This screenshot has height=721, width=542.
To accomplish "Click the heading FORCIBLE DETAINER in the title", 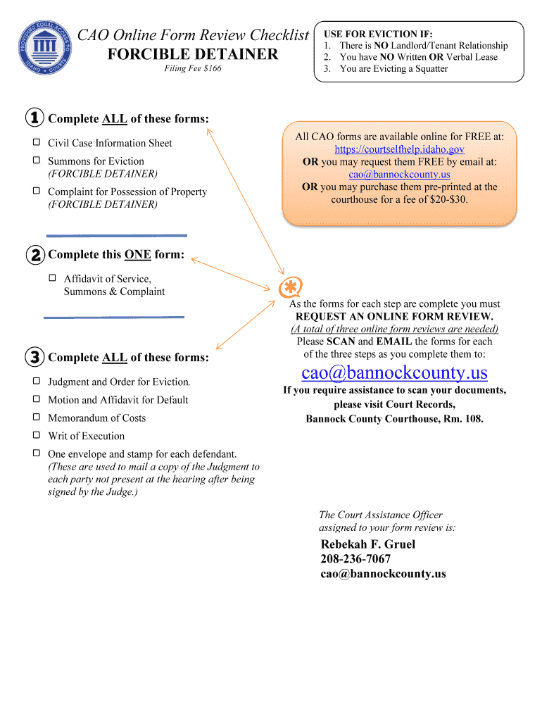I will click(x=193, y=54).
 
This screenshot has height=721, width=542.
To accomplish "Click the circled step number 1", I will click(x=34, y=118).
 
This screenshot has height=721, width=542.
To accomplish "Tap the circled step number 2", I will click(x=34, y=255).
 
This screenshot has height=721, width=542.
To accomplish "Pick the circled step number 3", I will click(x=34, y=357).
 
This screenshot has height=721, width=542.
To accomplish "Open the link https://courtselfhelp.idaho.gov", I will click(x=399, y=149).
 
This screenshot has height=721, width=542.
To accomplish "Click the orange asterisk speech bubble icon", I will click(x=290, y=287).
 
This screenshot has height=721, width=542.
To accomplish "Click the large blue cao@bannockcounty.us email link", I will click(x=394, y=372).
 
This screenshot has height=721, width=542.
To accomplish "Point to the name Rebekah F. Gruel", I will click(x=368, y=544).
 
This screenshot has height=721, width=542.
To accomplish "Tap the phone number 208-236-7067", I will click(x=355, y=559).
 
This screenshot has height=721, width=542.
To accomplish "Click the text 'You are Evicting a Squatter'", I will click(x=393, y=69).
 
